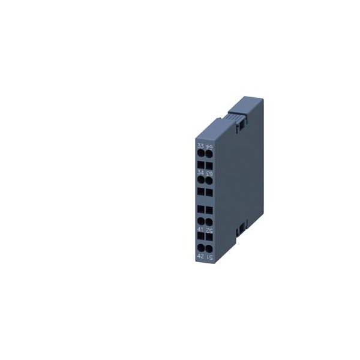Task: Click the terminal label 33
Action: click(200, 146)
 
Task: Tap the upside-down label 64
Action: click(209, 146)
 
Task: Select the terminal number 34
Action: click(200, 172)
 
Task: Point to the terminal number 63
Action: click(209, 172)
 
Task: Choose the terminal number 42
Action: click(200, 256)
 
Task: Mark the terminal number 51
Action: click(209, 256)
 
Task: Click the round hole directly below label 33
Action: click(200, 154)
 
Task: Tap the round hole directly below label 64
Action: click(209, 154)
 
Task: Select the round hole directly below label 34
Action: click(200, 179)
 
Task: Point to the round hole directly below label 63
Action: click(209, 179)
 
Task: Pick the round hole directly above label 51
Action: click(209, 248)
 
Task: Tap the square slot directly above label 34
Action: click(200, 164)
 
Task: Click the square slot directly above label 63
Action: click(209, 164)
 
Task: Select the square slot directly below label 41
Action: click(200, 238)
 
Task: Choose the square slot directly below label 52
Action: click(209, 238)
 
